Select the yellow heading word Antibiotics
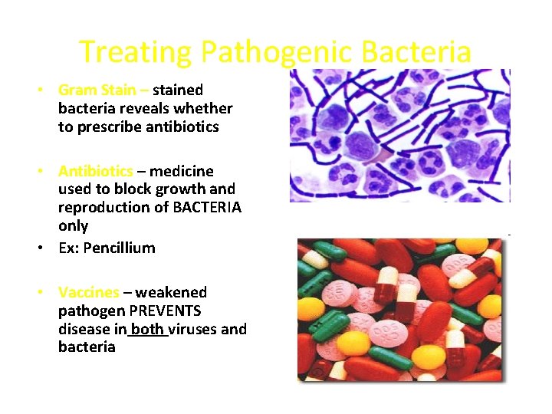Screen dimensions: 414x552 click(x=95, y=170)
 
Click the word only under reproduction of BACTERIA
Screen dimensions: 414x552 click(x=73, y=226)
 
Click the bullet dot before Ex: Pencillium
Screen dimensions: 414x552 click(x=38, y=248)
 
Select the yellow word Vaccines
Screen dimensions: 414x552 click(x=88, y=292)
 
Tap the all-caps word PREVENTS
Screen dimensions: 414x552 click(x=165, y=310)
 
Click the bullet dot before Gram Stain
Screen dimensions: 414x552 click(x=38, y=90)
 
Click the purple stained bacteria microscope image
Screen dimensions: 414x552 click(x=399, y=136)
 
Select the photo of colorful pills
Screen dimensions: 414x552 click(x=399, y=310)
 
